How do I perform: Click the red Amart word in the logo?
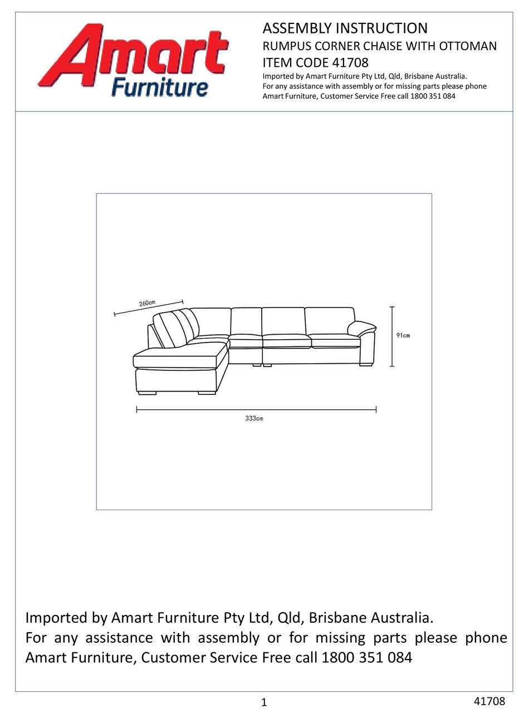pyautogui.click(x=134, y=56)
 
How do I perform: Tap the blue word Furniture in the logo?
pyautogui.click(x=160, y=87)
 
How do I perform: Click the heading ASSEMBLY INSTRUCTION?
pyautogui.click(x=345, y=28)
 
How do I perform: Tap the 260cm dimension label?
pyautogui.click(x=147, y=304)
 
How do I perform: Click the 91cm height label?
pyautogui.click(x=403, y=335)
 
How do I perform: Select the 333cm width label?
pyautogui.click(x=254, y=418)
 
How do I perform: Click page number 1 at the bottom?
pyautogui.click(x=264, y=702)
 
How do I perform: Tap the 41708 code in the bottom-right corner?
pyautogui.click(x=489, y=701)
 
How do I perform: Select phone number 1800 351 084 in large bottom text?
pyautogui.click(x=367, y=657)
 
